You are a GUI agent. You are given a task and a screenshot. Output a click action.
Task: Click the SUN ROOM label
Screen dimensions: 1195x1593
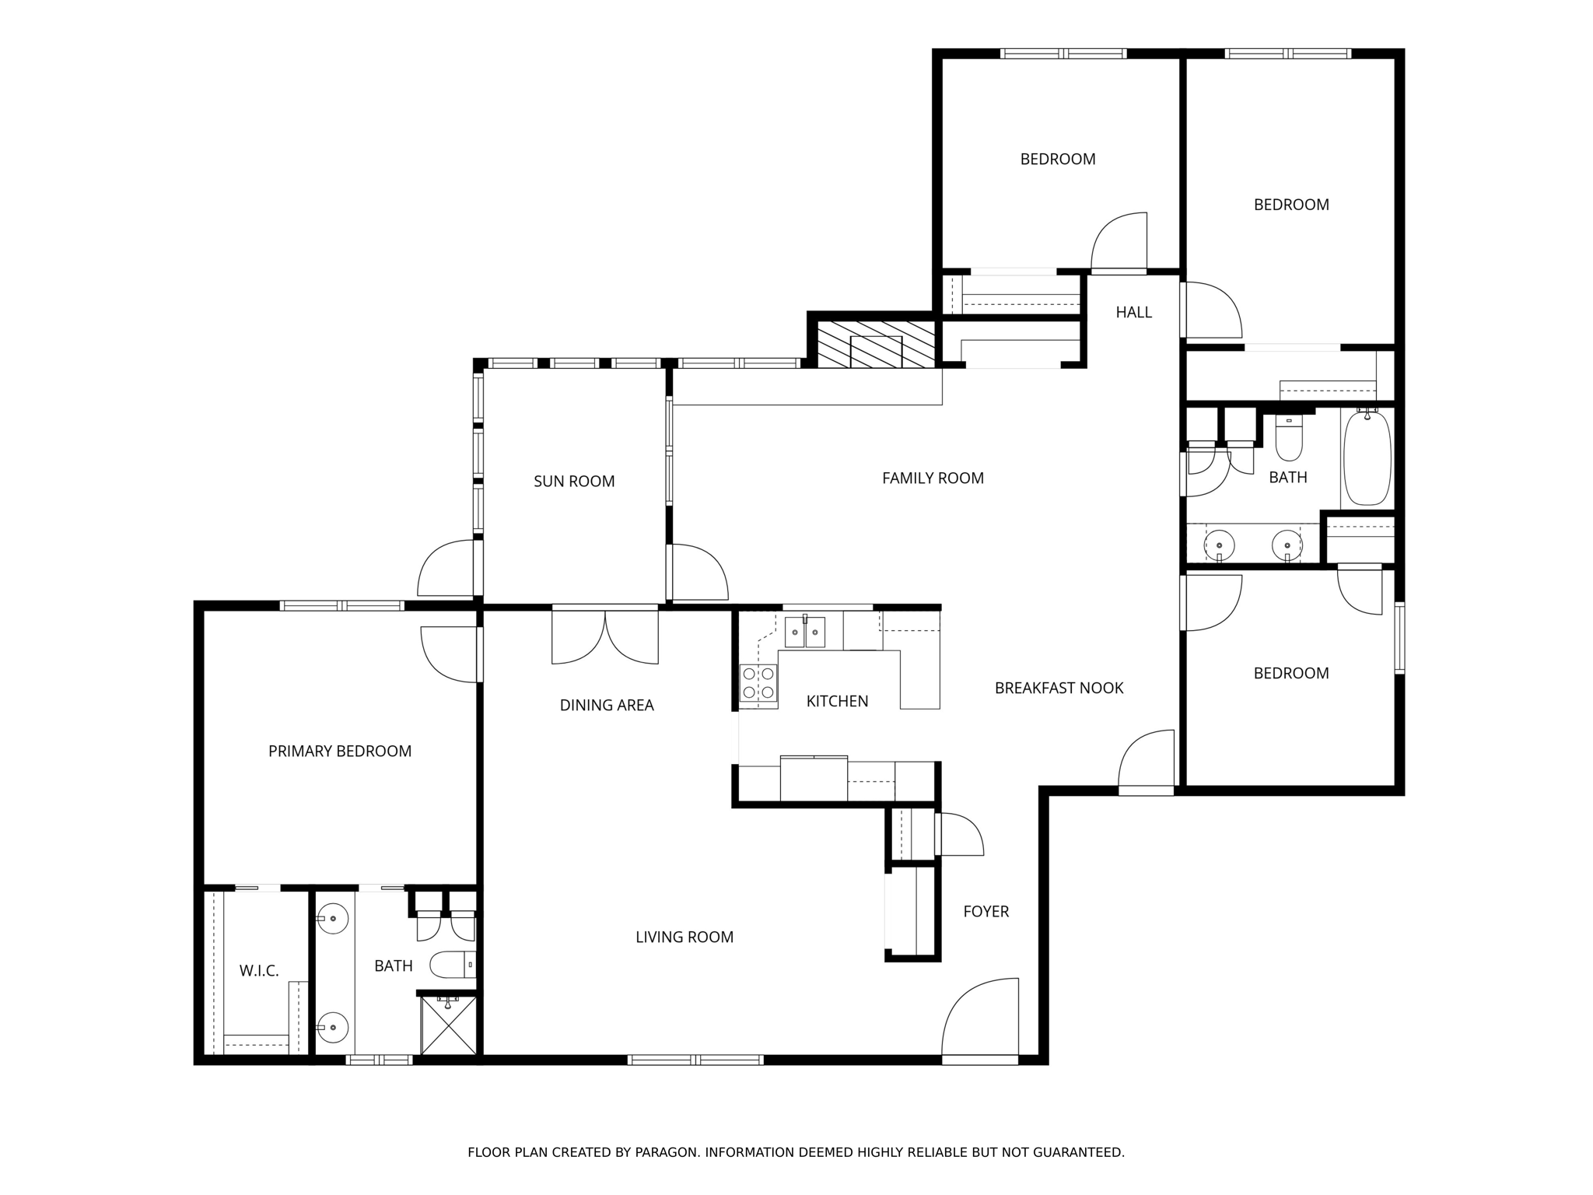click(x=574, y=482)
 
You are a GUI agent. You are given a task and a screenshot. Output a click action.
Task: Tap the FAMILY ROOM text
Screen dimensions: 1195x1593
click(x=933, y=478)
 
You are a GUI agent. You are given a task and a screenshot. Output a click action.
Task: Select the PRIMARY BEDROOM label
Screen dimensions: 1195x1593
click(x=340, y=751)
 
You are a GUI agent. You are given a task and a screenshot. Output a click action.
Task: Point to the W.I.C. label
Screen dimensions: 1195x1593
click(x=259, y=971)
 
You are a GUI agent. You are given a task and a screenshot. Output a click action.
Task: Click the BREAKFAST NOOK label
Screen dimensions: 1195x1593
click(x=1059, y=688)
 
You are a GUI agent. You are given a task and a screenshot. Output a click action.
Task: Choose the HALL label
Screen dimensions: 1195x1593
click(x=1133, y=312)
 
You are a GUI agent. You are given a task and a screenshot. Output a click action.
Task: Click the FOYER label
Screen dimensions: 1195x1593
click(x=986, y=911)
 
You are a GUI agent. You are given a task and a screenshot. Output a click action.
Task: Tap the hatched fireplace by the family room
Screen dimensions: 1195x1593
click(x=875, y=344)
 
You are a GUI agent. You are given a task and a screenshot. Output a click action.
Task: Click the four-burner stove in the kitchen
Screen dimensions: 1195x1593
click(x=758, y=682)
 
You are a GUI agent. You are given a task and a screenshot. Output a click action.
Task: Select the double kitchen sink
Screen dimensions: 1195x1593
click(x=804, y=632)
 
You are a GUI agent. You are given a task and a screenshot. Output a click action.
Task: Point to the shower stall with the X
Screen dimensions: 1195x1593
click(x=447, y=1025)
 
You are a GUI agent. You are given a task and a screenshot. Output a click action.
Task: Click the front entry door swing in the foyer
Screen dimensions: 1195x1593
click(x=980, y=1019)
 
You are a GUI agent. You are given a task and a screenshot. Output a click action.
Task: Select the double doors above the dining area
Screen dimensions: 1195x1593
click(x=605, y=636)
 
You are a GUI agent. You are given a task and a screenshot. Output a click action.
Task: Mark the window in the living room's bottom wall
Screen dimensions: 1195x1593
click(x=695, y=1059)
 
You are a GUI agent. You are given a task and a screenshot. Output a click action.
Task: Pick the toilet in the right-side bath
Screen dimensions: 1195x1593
click(x=1289, y=440)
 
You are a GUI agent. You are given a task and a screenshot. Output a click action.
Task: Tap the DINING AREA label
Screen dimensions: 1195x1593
click(x=607, y=705)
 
